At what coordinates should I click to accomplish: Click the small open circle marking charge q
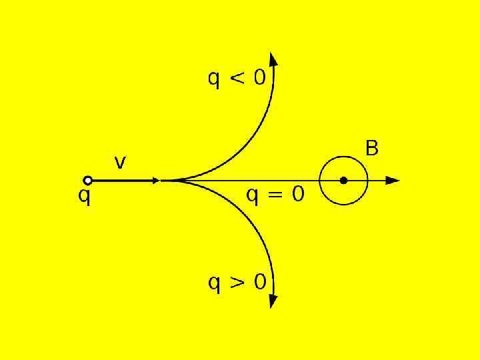point(87,180)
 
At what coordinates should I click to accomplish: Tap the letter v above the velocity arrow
point(120,162)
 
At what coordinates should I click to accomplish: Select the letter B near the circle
point(372,148)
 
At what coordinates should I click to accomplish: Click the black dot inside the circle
point(343,180)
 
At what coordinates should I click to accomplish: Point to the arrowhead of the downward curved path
point(272,301)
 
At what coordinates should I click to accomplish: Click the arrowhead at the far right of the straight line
point(393,180)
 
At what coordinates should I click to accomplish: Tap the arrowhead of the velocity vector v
point(156,180)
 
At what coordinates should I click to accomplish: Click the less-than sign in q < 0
point(237,79)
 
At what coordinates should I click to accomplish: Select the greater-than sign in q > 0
point(237,283)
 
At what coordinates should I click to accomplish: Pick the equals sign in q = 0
point(275,195)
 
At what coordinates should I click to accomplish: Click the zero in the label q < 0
point(259,79)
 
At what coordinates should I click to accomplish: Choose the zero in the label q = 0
point(297,194)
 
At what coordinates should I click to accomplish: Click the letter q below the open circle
point(85,198)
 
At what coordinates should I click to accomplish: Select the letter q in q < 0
point(214,81)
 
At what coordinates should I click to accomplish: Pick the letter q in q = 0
point(253,196)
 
